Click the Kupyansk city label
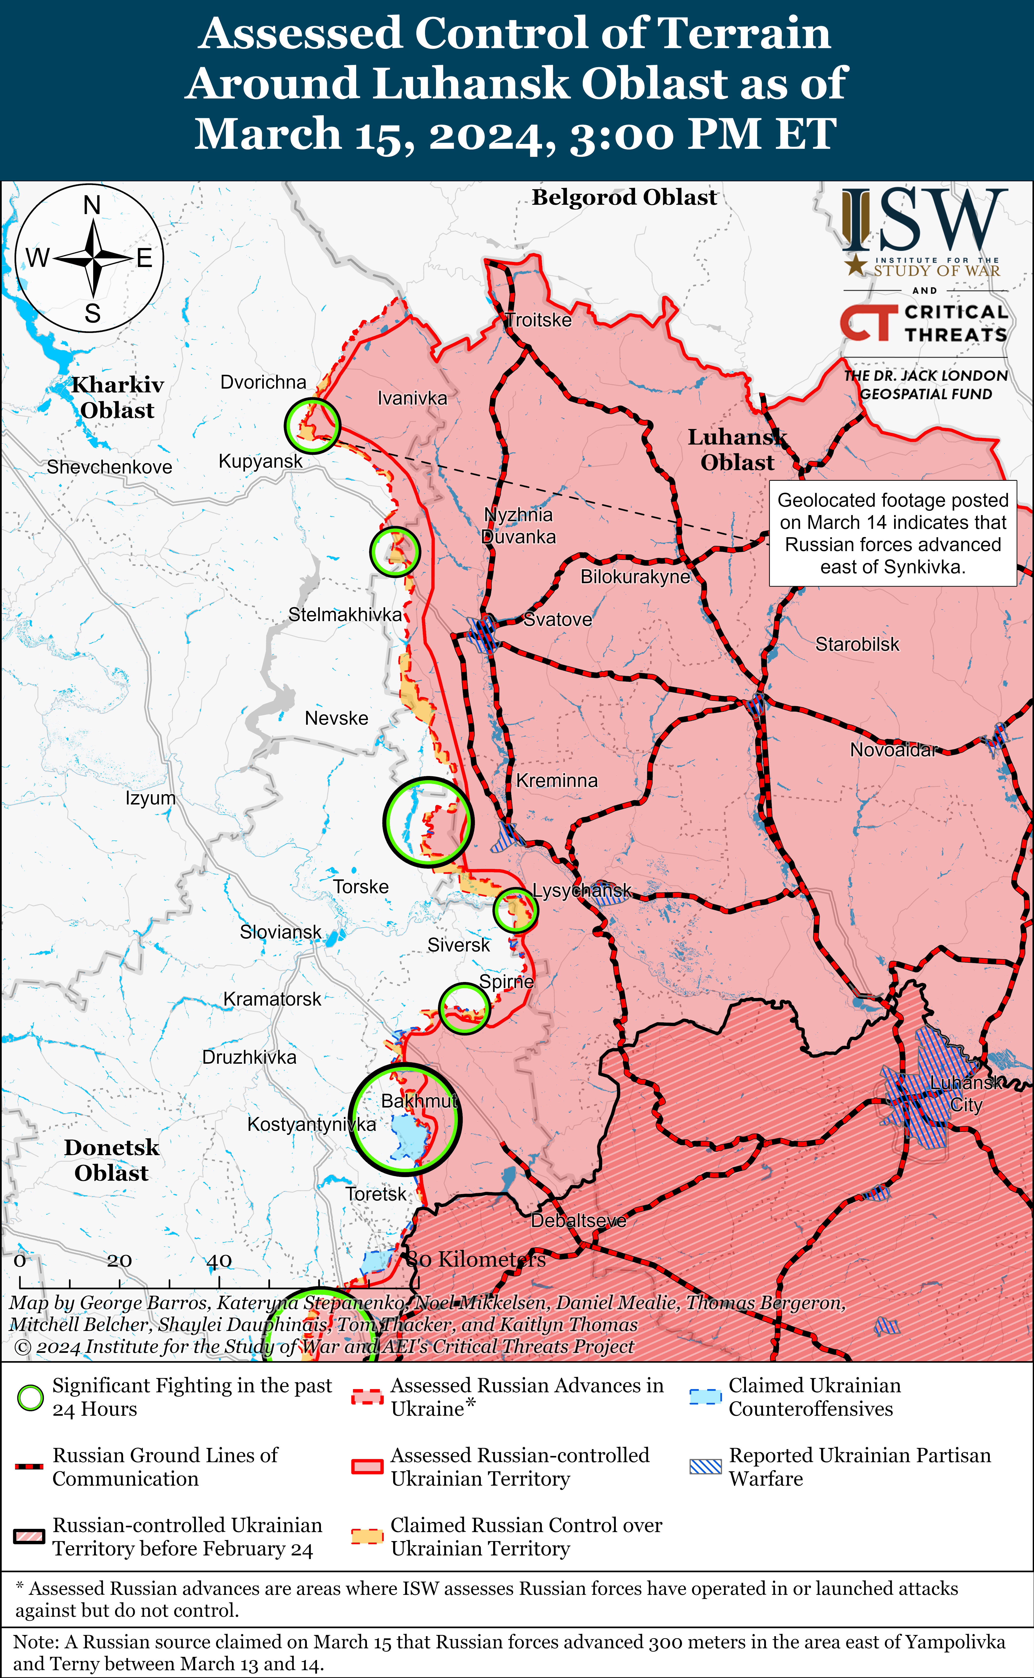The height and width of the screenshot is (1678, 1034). click(260, 461)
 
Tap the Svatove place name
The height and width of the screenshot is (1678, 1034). click(557, 620)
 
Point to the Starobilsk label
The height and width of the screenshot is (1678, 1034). click(857, 644)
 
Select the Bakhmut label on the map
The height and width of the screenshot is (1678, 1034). click(418, 1101)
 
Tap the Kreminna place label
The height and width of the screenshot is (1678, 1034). click(557, 781)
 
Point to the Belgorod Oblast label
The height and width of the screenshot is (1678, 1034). click(624, 197)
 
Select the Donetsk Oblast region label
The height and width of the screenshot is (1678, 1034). click(111, 1160)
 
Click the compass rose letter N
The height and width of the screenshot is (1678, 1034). click(92, 205)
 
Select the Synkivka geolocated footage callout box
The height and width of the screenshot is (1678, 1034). click(892, 533)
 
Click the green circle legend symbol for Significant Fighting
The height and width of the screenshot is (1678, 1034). click(30, 1398)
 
